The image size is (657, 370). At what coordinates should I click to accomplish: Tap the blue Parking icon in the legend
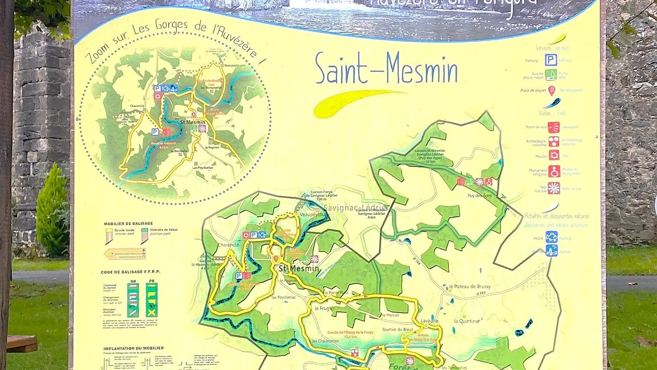pyautogui.click(x=551, y=60)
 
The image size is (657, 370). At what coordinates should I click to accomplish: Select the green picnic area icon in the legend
pyautogui.click(x=551, y=75)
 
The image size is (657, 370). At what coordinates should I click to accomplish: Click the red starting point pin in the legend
pyautogui.click(x=551, y=90)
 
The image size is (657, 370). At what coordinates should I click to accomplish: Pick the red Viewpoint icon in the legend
pyautogui.click(x=554, y=127)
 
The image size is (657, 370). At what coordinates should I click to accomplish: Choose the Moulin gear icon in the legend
pyautogui.click(x=554, y=155)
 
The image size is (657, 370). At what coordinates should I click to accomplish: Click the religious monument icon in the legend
pyautogui.click(x=554, y=171)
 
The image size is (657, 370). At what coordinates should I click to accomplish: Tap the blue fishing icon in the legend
pyautogui.click(x=551, y=237)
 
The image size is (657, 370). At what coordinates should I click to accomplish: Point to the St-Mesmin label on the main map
pyautogui.click(x=299, y=269)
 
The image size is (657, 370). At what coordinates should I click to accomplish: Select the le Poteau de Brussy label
pyautogui.click(x=469, y=287)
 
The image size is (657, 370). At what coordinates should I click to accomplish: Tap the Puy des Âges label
pyautogui.click(x=479, y=196)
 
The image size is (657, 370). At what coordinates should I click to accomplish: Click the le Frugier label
pyautogui.click(x=325, y=308)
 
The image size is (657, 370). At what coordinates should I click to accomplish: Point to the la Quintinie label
pyautogui.click(x=467, y=321)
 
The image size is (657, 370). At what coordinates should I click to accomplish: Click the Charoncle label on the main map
pyautogui.click(x=228, y=245)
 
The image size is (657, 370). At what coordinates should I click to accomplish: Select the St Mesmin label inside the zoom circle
pyautogui.click(x=192, y=122)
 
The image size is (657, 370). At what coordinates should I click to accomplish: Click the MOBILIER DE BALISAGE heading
pyautogui.click(x=128, y=224)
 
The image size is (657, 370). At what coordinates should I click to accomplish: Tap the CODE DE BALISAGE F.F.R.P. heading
pyautogui.click(x=130, y=272)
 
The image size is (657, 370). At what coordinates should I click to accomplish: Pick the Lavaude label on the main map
pyautogui.click(x=429, y=321)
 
